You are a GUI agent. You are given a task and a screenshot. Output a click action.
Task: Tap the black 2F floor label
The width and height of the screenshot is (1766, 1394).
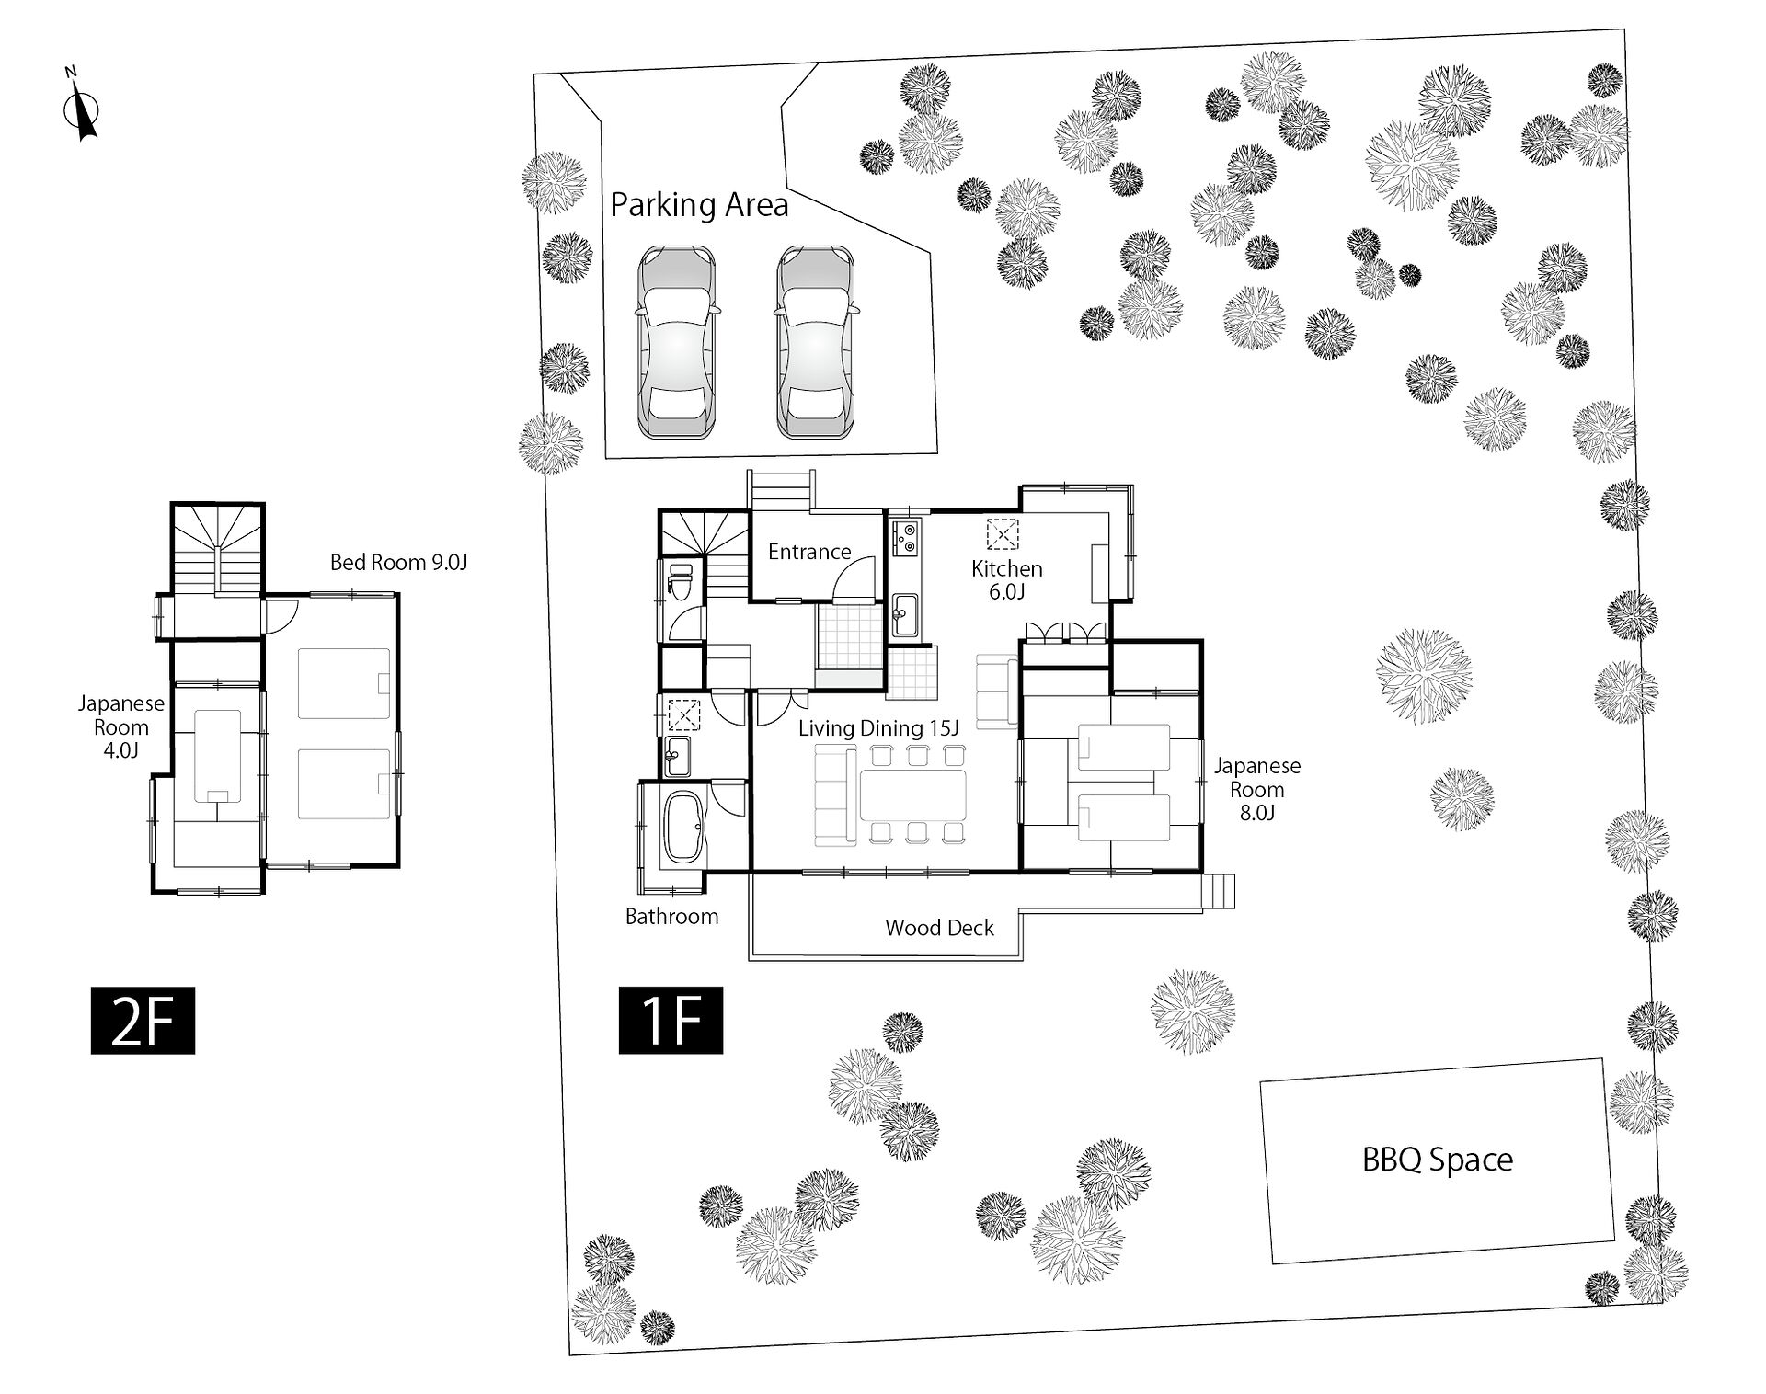[x=143, y=1020]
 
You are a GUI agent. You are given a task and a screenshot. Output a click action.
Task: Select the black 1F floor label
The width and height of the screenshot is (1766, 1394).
[x=671, y=1020]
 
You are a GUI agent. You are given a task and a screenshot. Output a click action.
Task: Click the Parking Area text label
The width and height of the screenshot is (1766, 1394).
[x=699, y=205]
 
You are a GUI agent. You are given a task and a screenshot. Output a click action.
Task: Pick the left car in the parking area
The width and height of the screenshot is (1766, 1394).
[x=677, y=342]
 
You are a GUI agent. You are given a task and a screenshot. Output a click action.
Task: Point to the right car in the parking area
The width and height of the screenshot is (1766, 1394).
[x=815, y=342]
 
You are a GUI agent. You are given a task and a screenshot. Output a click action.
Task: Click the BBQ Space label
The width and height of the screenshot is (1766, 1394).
[x=1437, y=1160]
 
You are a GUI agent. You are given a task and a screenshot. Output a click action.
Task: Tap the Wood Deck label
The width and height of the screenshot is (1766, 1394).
[x=939, y=928]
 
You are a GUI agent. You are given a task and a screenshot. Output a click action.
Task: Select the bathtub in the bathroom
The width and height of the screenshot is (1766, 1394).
[x=682, y=827]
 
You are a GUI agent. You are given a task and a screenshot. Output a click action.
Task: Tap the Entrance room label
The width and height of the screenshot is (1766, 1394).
[x=809, y=552]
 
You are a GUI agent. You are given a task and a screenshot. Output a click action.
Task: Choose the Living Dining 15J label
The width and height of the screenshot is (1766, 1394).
[x=877, y=728]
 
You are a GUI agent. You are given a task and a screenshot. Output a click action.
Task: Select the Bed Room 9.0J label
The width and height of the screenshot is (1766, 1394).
[x=399, y=562]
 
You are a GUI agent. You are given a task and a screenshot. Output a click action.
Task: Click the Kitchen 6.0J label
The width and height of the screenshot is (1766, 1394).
[x=1007, y=580]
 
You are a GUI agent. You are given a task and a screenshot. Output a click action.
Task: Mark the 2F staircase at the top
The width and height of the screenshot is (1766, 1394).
[x=218, y=549]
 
